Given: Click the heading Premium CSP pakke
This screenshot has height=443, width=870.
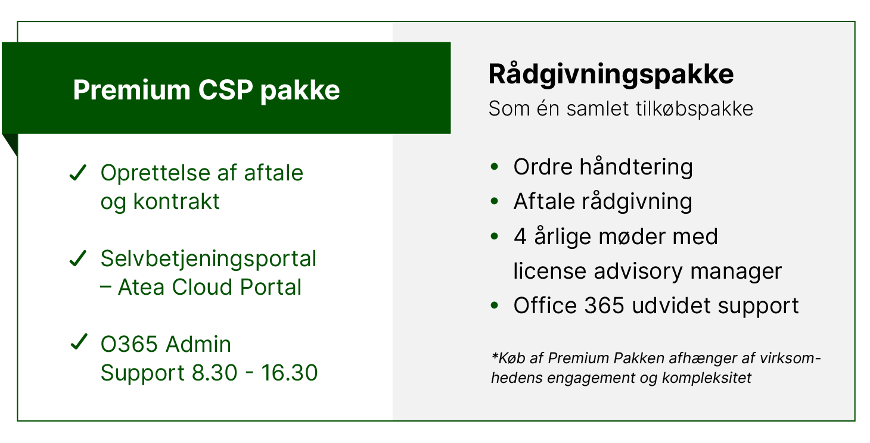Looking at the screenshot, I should point(206,90).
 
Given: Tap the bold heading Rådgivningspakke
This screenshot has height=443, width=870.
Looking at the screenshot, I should point(611,74).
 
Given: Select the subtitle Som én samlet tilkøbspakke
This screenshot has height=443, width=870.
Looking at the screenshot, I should point(620,109).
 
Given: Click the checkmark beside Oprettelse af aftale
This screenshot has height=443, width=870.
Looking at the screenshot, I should point(78,174).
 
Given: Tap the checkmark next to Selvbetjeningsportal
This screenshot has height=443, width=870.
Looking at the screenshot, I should point(78,259).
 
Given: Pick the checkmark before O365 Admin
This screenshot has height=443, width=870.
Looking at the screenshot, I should point(78,344).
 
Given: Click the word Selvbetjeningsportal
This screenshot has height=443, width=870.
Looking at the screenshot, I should point(208,259).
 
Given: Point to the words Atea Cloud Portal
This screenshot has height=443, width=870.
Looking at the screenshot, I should point(210,288).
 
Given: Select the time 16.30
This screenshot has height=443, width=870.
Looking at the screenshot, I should point(289,373).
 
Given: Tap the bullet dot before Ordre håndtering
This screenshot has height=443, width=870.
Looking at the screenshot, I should point(494,167).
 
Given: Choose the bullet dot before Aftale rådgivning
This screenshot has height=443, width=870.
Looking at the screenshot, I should point(494,202).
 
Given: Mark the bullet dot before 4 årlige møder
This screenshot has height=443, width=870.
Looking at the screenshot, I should point(494,236).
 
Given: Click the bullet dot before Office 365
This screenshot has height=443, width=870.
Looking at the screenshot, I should point(494,305).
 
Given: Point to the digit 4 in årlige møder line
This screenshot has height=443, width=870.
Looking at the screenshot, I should point(520,237).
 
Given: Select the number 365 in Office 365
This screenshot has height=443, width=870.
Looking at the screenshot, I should point(603,306).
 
